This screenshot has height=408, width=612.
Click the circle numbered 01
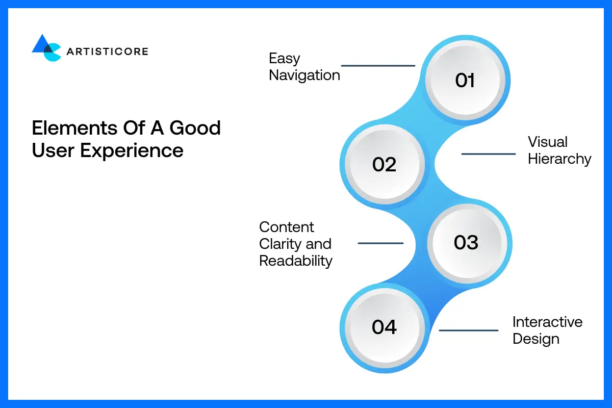point(465,80)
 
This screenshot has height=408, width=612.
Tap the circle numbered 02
point(385,164)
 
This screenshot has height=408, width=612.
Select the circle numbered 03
point(466,242)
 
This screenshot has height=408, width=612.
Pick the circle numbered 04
point(385,326)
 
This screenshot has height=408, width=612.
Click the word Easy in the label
point(285,58)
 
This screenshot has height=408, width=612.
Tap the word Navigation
point(304,75)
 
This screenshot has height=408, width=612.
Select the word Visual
point(548,142)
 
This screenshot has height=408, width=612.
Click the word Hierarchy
point(559,159)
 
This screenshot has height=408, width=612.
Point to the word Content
point(287,227)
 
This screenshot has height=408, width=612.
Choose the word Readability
point(296,261)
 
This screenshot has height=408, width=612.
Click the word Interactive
point(547,322)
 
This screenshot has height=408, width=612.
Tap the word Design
point(536,339)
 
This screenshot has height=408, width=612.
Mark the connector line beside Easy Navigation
point(378,66)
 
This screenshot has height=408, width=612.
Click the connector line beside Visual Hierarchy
point(489,154)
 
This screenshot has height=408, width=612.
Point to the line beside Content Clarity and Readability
point(380,243)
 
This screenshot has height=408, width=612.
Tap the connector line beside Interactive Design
point(468,330)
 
